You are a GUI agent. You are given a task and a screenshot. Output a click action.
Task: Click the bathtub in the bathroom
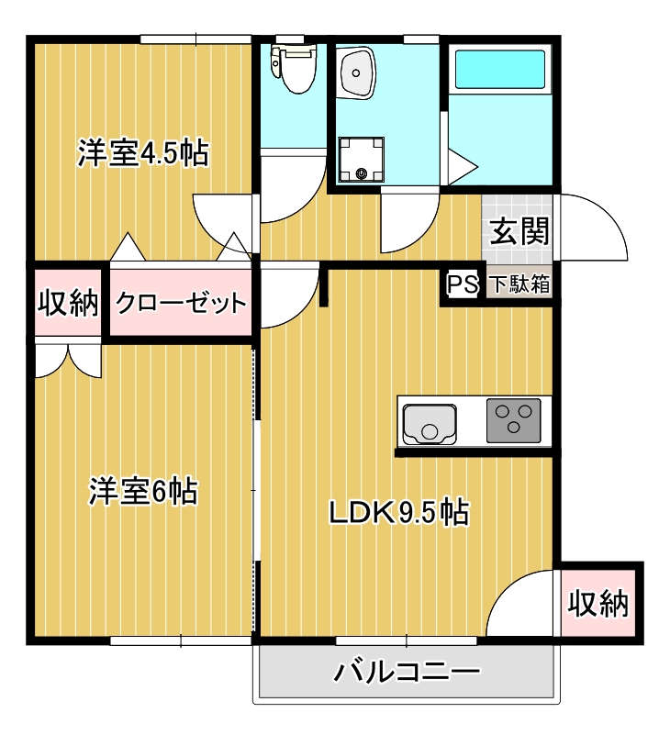point(501,70)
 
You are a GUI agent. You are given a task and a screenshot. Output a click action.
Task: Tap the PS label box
point(462,284)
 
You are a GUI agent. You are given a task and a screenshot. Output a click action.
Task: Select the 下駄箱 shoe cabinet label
point(519,284)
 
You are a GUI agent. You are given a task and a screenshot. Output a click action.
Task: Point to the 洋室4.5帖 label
point(142,152)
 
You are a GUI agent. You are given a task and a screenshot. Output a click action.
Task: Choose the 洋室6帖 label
point(142,492)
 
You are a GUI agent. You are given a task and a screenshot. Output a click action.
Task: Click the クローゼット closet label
point(180,302)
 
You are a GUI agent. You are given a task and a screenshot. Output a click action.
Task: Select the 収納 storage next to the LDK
point(597,603)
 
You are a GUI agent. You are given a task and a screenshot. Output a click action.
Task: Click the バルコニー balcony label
point(406,673)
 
